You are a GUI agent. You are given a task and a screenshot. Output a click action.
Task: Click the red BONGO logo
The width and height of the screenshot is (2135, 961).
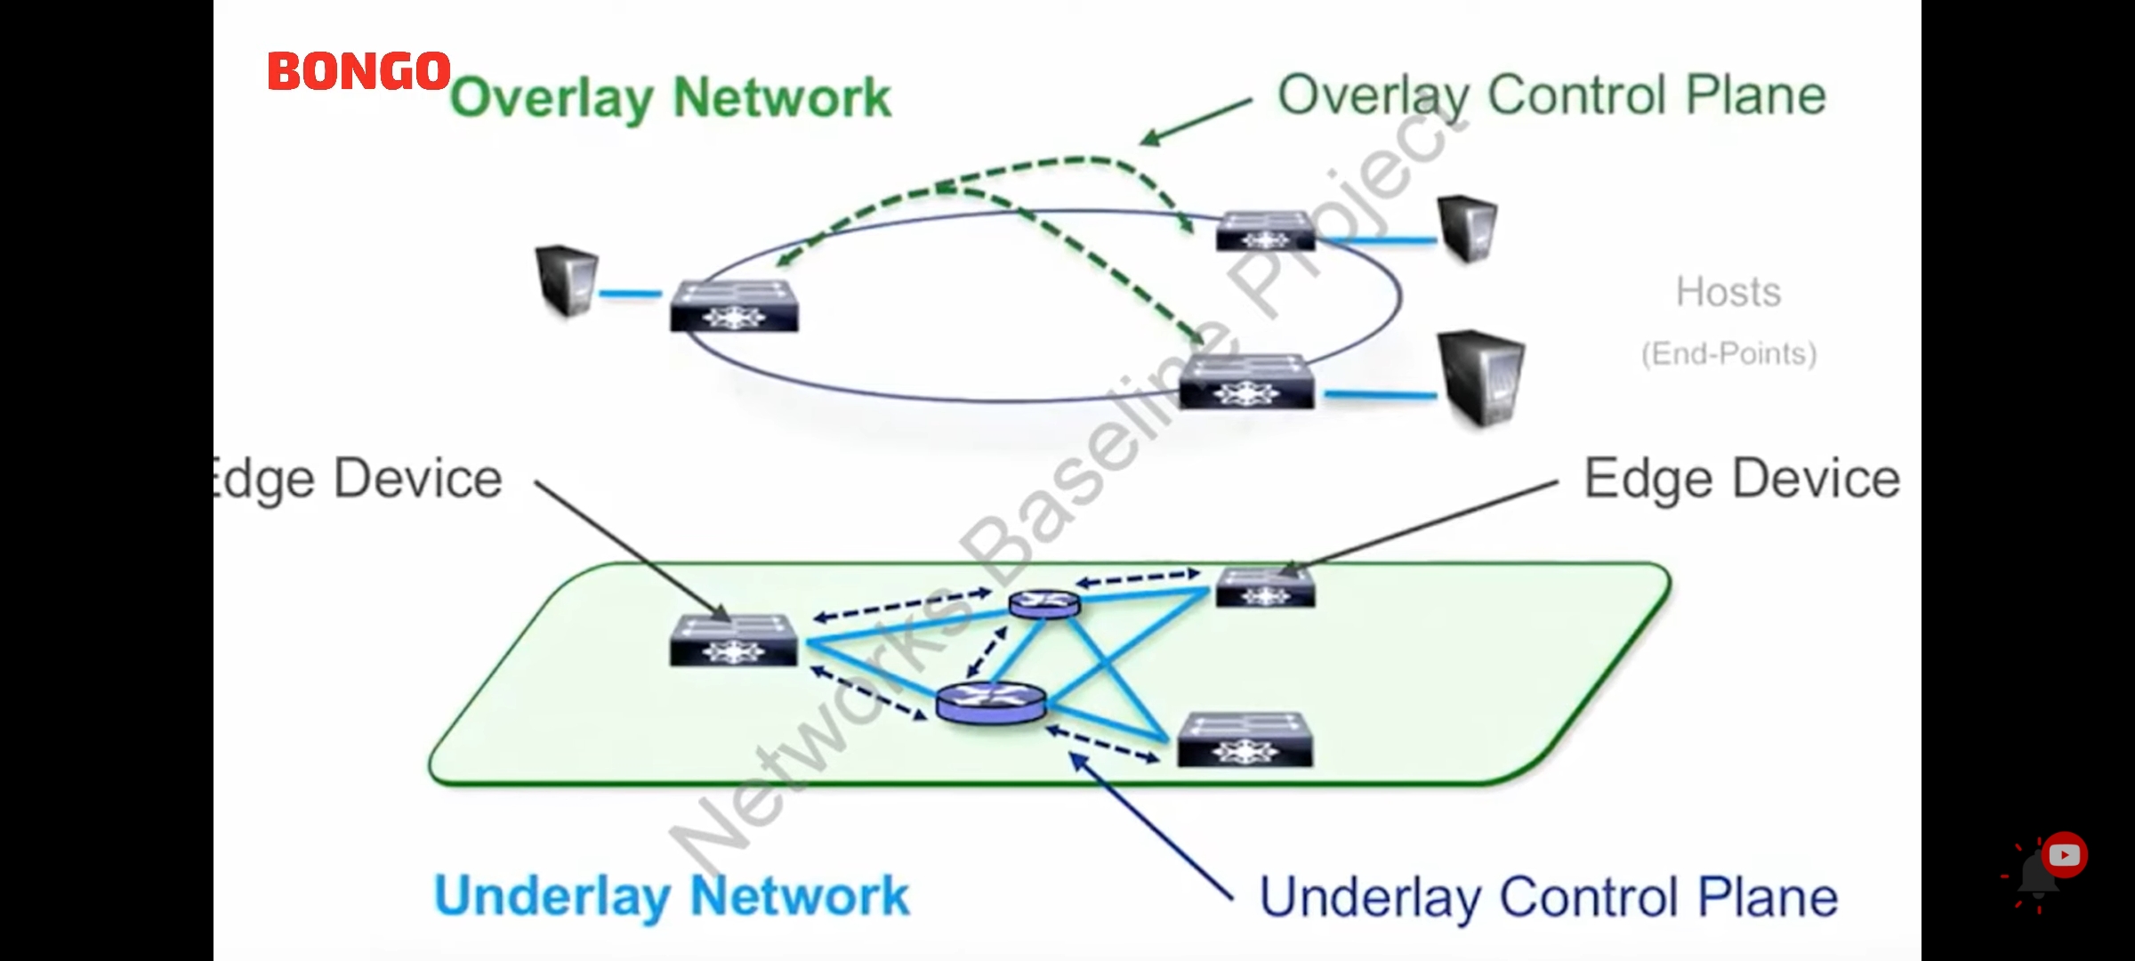coord(359,71)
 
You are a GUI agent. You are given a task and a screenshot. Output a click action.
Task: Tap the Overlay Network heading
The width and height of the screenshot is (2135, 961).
coord(670,98)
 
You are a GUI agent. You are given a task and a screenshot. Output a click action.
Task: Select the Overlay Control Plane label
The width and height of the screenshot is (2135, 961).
coord(1551,95)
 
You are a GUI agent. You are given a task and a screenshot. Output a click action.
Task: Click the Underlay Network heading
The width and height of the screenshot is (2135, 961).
coord(672,896)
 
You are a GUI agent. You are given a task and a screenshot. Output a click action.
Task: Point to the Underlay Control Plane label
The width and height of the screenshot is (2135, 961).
coord(1549,897)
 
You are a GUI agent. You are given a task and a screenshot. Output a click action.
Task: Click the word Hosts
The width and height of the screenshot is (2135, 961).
coord(1728,292)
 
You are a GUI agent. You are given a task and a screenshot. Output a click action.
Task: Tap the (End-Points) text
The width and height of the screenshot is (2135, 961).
coord(1728,354)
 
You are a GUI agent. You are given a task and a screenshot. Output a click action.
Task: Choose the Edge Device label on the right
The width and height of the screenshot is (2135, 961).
coord(1741,479)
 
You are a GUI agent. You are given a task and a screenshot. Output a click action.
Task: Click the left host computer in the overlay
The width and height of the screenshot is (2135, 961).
coord(567,280)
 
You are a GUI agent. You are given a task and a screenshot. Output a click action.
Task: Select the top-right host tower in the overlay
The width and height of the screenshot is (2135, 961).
coord(1467,227)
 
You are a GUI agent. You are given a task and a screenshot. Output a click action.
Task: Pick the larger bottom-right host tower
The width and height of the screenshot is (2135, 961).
coord(1480,378)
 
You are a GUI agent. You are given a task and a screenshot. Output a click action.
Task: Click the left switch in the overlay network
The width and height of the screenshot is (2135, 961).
coord(734,306)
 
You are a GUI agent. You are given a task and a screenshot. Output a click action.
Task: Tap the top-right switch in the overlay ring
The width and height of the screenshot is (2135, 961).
coord(1265,231)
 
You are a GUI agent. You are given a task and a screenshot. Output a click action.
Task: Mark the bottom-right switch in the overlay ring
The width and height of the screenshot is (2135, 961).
coord(1246,383)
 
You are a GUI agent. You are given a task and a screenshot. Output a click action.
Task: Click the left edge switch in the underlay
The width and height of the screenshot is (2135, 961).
coord(734,641)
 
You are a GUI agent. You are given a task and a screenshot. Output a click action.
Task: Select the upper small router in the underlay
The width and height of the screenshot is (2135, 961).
coord(1044,604)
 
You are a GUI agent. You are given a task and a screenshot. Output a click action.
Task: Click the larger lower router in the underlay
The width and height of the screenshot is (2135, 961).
coord(991,703)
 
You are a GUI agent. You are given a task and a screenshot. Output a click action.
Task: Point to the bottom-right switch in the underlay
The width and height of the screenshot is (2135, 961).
coord(1245,740)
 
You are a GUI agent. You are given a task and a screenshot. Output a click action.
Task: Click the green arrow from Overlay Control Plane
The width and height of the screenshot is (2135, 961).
coord(1196,120)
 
